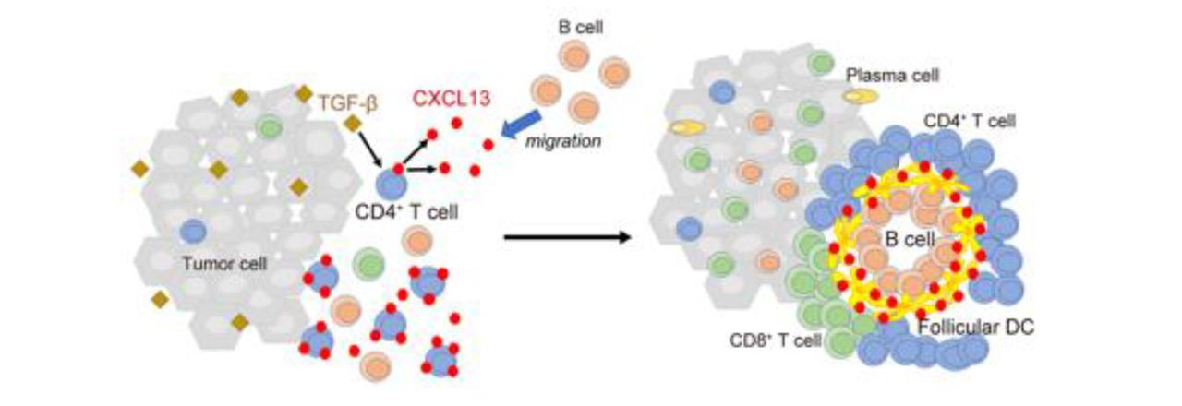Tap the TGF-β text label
click(349, 101)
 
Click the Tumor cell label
click(223, 263)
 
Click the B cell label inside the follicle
click(905, 238)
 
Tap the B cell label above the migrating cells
click(579, 28)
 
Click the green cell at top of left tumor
click(270, 126)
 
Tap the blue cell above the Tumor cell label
click(194, 231)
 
